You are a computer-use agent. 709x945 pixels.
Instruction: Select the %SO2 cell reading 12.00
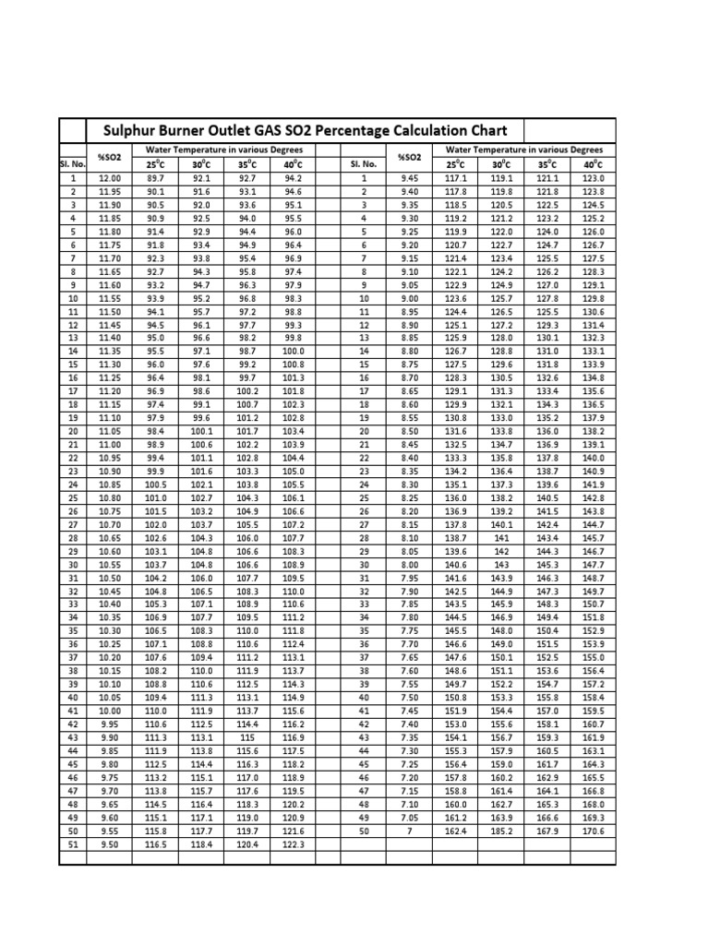click(x=109, y=178)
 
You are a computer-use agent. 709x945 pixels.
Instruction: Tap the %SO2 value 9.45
click(x=408, y=178)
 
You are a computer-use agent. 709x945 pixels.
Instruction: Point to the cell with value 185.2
click(x=501, y=831)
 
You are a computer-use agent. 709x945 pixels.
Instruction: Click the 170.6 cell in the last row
click(x=593, y=831)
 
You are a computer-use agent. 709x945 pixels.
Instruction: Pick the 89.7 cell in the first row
click(x=155, y=178)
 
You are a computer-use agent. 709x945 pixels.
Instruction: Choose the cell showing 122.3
click(x=293, y=843)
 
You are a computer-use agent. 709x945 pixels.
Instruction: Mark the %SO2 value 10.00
click(x=109, y=712)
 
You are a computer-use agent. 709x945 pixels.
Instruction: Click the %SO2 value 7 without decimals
click(x=408, y=831)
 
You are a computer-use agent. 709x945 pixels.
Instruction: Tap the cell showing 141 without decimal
click(x=501, y=537)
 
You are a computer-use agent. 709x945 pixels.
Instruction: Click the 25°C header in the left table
click(x=155, y=164)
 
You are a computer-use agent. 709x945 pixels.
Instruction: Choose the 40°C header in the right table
click(x=593, y=164)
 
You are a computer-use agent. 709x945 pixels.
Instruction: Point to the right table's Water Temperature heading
click(x=524, y=150)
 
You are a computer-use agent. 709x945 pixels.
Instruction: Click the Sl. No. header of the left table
click(x=72, y=164)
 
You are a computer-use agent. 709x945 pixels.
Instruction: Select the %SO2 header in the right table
click(x=408, y=157)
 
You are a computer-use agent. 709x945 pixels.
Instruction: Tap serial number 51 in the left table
click(x=72, y=843)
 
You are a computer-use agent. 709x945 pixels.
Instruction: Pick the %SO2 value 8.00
click(x=408, y=564)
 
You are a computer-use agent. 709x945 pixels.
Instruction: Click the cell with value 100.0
click(x=293, y=351)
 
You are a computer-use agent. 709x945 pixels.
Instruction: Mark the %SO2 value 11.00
click(x=109, y=445)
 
